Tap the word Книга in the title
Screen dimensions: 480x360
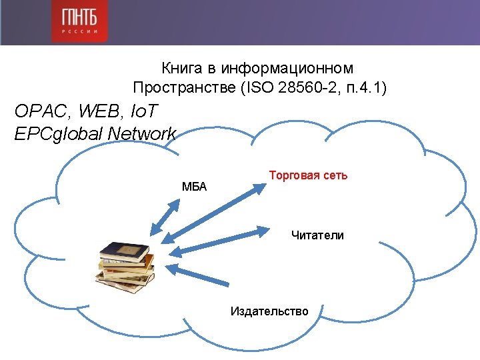179,68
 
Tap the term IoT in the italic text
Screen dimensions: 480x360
146,110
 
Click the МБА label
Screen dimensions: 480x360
194,187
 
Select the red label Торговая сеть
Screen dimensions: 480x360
308,175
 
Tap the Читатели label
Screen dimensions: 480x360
317,235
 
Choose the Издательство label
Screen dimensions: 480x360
269,311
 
